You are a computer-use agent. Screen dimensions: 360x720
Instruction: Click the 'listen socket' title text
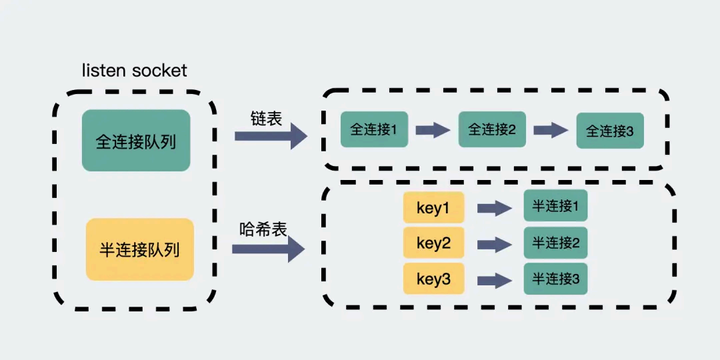pyautogui.click(x=134, y=70)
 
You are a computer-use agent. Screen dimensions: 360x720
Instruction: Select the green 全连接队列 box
pyautogui.click(x=136, y=141)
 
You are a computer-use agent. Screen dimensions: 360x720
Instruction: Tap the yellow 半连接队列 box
pyautogui.click(x=140, y=249)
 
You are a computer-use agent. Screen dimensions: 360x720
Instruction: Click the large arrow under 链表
pyautogui.click(x=270, y=136)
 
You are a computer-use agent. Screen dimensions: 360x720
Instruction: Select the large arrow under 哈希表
pyautogui.click(x=268, y=249)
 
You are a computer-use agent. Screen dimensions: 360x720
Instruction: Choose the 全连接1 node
pyautogui.click(x=374, y=129)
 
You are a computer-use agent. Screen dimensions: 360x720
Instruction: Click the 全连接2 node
pyautogui.click(x=492, y=129)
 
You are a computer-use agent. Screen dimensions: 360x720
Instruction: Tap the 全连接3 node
pyautogui.click(x=610, y=131)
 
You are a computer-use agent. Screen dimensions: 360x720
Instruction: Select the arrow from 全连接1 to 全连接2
pyautogui.click(x=433, y=130)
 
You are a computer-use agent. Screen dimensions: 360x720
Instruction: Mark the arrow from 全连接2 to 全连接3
pyautogui.click(x=551, y=130)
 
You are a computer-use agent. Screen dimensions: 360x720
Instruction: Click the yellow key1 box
pyautogui.click(x=433, y=209)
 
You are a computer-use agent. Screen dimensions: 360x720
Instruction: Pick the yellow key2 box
pyautogui.click(x=433, y=243)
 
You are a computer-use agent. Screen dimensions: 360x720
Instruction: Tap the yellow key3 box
pyautogui.click(x=433, y=279)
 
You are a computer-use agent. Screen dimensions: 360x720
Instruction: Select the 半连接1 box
pyautogui.click(x=555, y=207)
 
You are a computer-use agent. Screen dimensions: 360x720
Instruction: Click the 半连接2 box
pyautogui.click(x=555, y=243)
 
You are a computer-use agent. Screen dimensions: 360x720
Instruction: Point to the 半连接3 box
pyautogui.click(x=555, y=278)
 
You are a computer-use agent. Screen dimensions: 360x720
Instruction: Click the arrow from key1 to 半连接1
pyautogui.click(x=494, y=209)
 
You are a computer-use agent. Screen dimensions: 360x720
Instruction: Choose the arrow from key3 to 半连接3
pyautogui.click(x=494, y=279)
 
